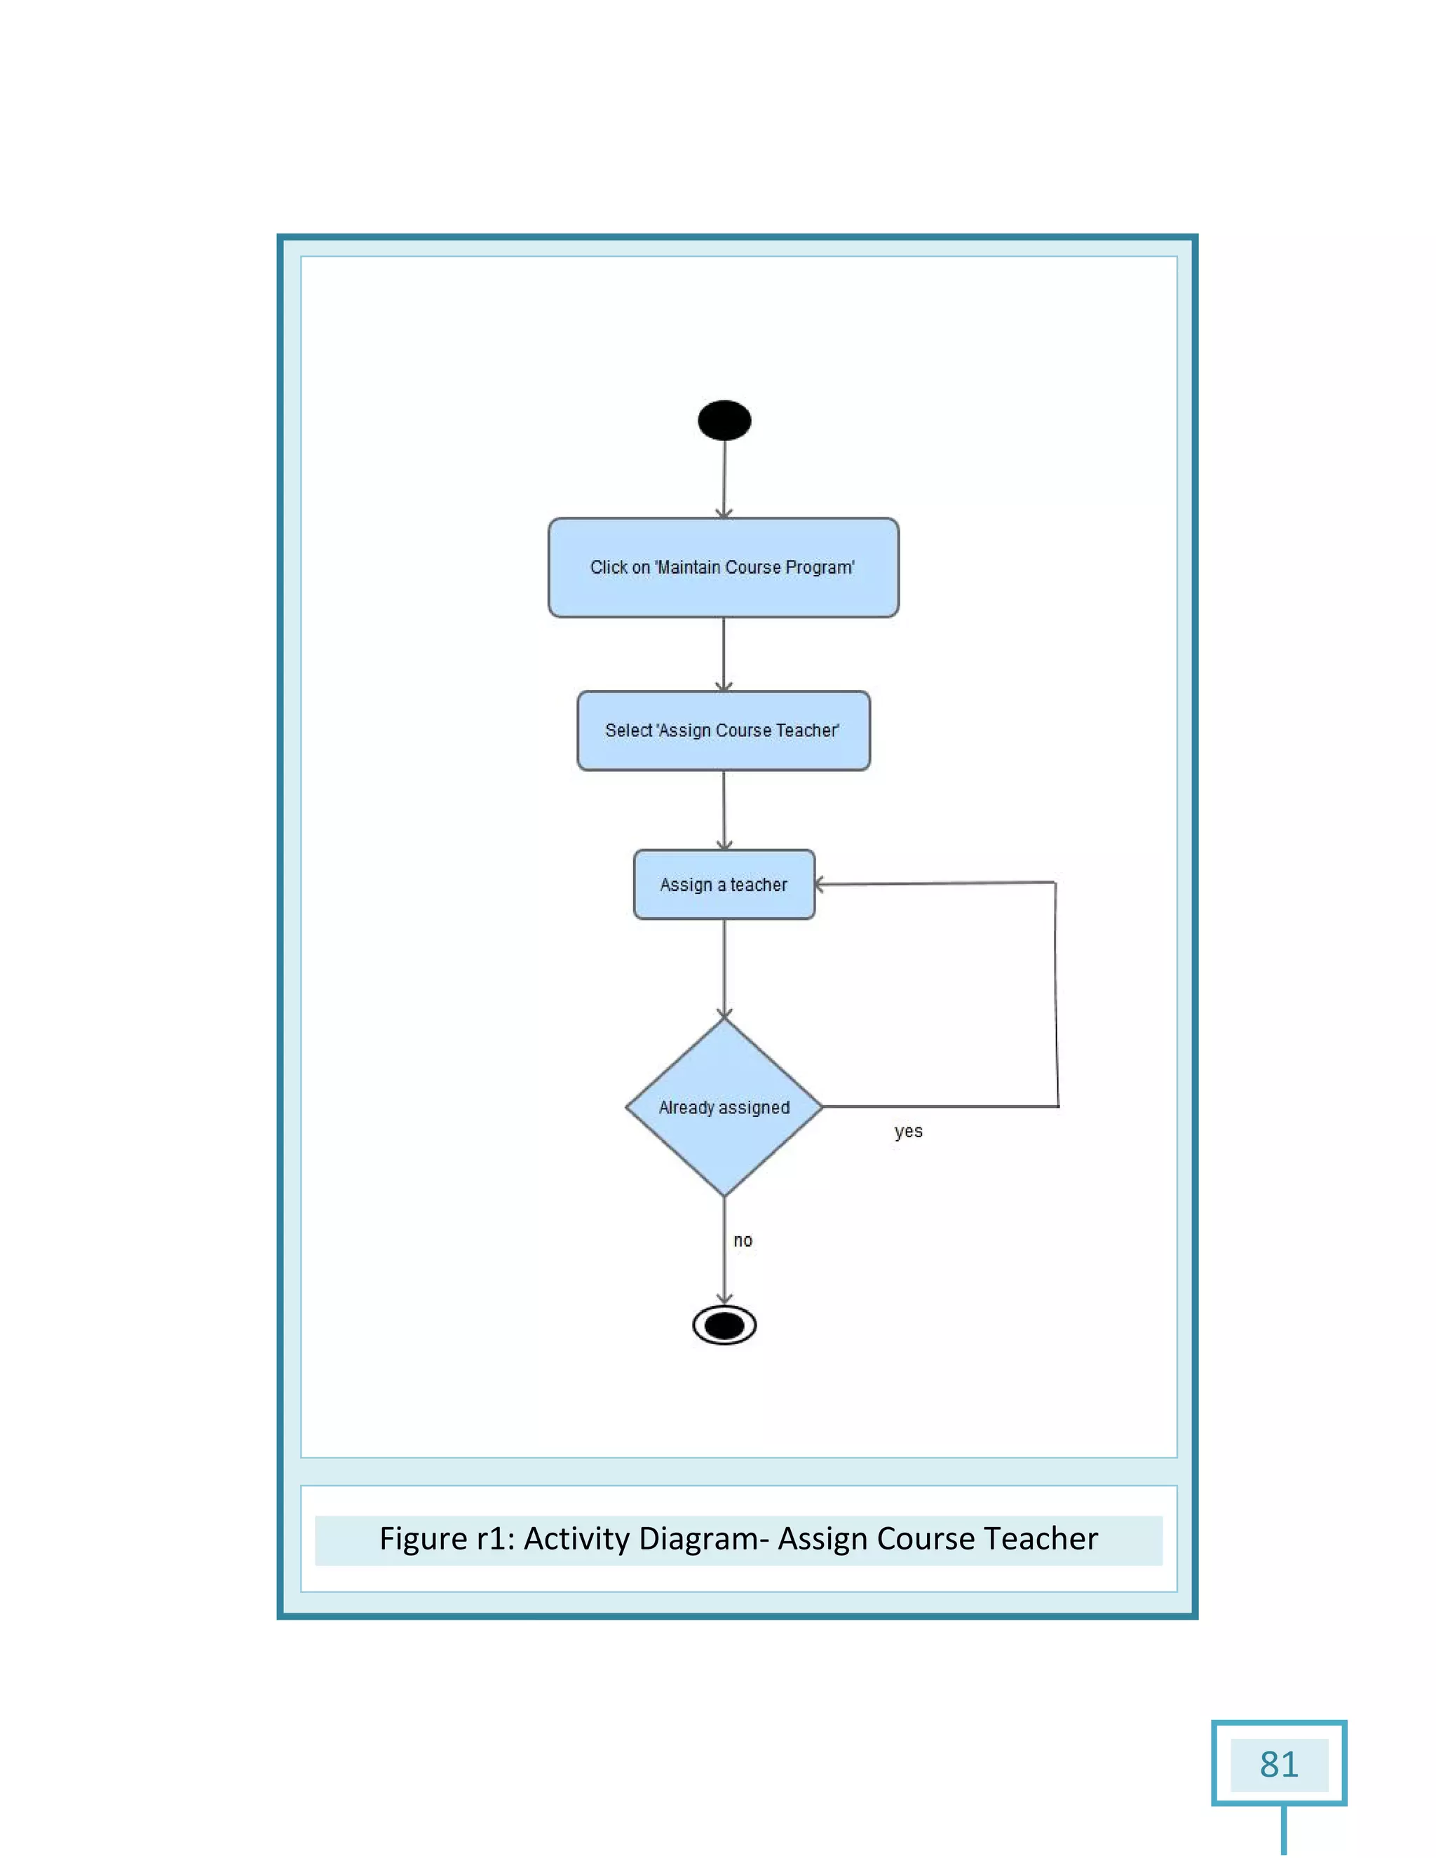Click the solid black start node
coord(724,420)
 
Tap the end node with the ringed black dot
coord(724,1324)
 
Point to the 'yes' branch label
coord(909,1132)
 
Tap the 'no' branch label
coord(743,1240)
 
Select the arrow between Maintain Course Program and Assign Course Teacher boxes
coord(723,653)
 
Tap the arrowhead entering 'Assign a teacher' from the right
coord(821,885)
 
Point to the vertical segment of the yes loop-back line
coord(1057,996)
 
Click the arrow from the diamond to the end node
coord(724,1251)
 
